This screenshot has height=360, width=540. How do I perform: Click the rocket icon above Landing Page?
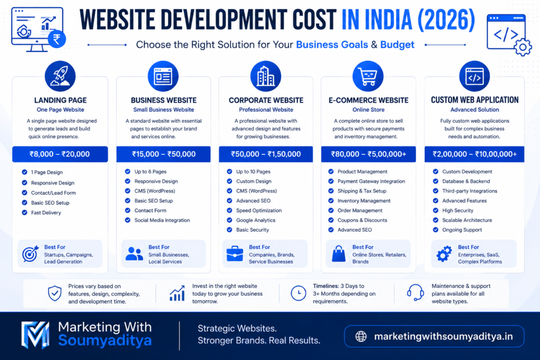point(60,76)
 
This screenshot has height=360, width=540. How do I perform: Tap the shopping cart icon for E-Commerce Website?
point(368,76)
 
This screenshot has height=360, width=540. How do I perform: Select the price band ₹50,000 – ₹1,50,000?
point(266,154)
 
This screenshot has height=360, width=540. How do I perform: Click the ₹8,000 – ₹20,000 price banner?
point(60,154)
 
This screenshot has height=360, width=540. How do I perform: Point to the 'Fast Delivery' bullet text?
point(46,213)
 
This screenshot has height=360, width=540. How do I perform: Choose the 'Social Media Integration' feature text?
point(162,220)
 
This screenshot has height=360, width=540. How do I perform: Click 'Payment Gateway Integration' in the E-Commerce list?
point(371,181)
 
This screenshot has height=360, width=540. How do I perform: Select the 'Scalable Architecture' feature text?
point(467,220)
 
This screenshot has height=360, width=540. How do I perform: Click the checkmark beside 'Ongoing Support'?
point(436,230)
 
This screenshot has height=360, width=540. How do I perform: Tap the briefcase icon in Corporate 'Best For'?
point(235,254)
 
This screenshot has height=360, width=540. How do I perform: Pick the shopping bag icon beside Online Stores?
point(339,254)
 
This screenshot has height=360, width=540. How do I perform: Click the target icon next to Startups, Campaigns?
point(30,254)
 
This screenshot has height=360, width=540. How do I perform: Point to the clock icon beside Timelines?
point(298,293)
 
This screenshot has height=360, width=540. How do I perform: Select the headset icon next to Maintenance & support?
point(416,293)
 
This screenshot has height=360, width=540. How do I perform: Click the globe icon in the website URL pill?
point(361,336)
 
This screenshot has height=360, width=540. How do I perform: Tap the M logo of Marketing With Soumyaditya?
point(35,335)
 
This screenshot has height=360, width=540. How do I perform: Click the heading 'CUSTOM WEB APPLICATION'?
point(475,100)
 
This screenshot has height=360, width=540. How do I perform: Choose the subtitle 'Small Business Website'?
point(163,110)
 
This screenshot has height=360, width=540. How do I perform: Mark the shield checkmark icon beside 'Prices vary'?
point(55,293)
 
